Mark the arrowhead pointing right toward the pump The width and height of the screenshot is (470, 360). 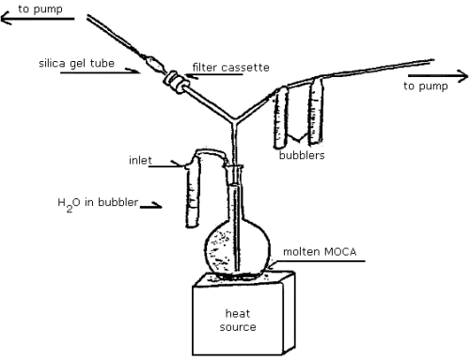click(462, 73)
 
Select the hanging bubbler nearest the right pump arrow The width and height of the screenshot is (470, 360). click(315, 112)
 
